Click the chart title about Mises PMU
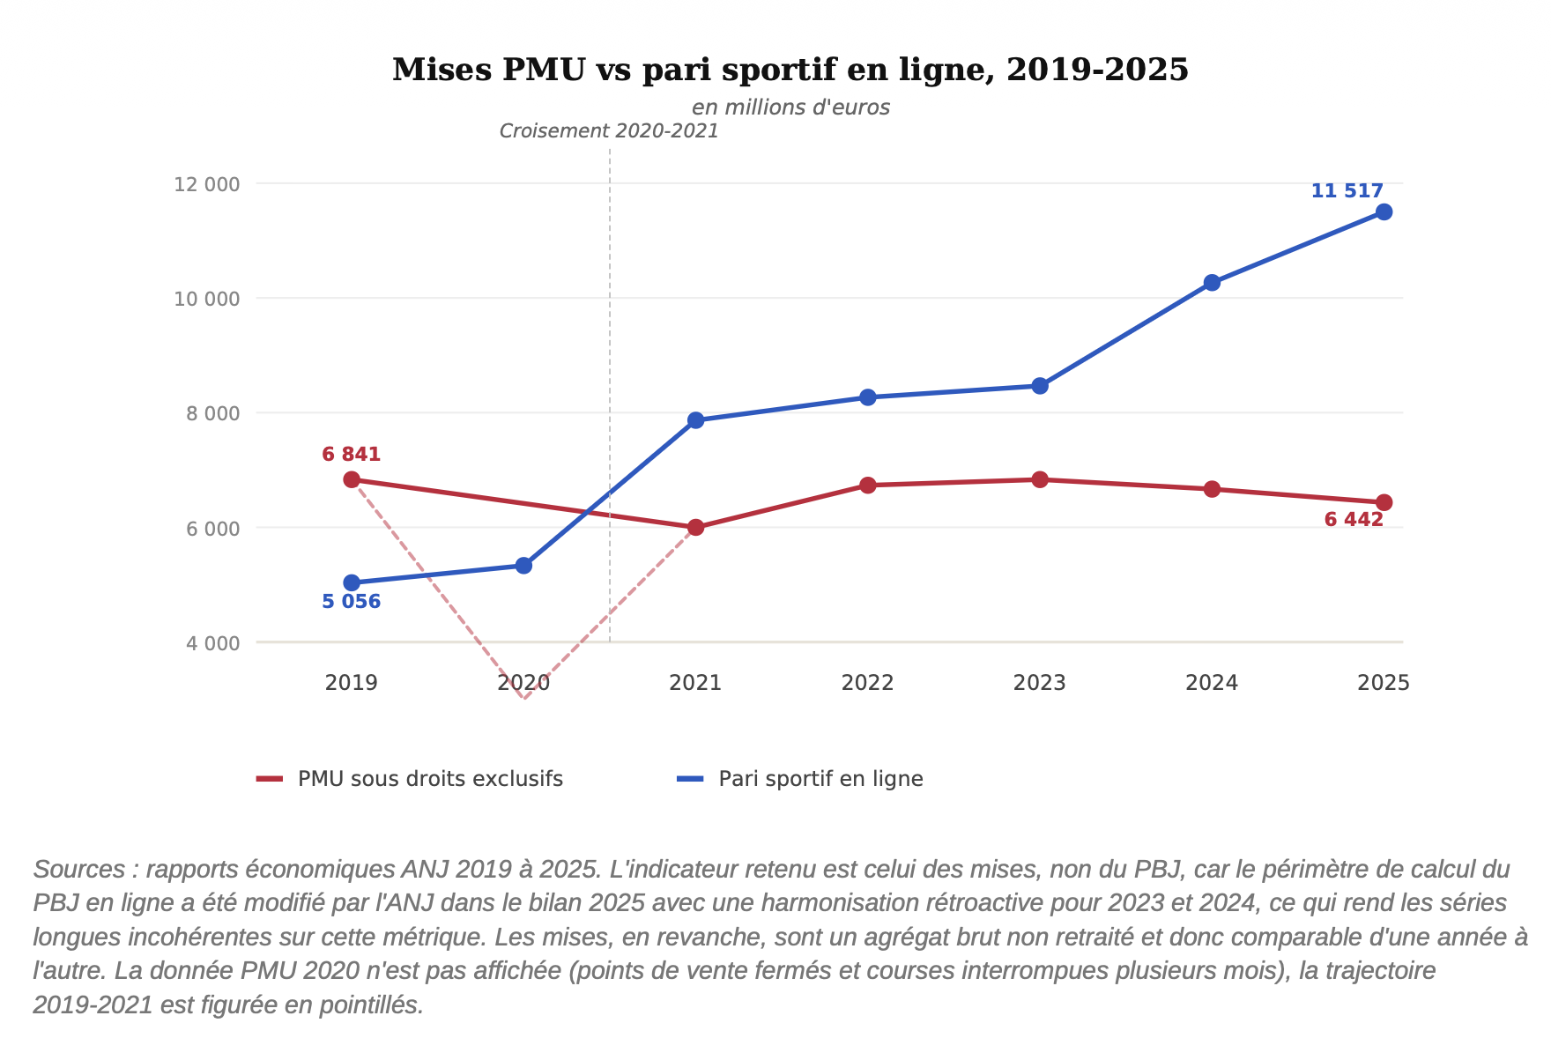[790, 70]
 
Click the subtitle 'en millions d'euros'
[790, 108]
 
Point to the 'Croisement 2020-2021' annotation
[609, 131]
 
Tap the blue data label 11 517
[1347, 191]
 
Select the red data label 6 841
[351, 455]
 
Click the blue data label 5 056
[351, 602]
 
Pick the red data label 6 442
[1354, 520]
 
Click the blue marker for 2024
[1212, 283]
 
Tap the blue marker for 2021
[695, 420]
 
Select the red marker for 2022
[867, 486]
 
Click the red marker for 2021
[695, 528]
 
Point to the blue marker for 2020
[523, 566]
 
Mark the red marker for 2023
[1040, 479]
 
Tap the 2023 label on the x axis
[1040, 683]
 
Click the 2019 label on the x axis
[351, 683]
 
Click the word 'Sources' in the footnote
[79, 870]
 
